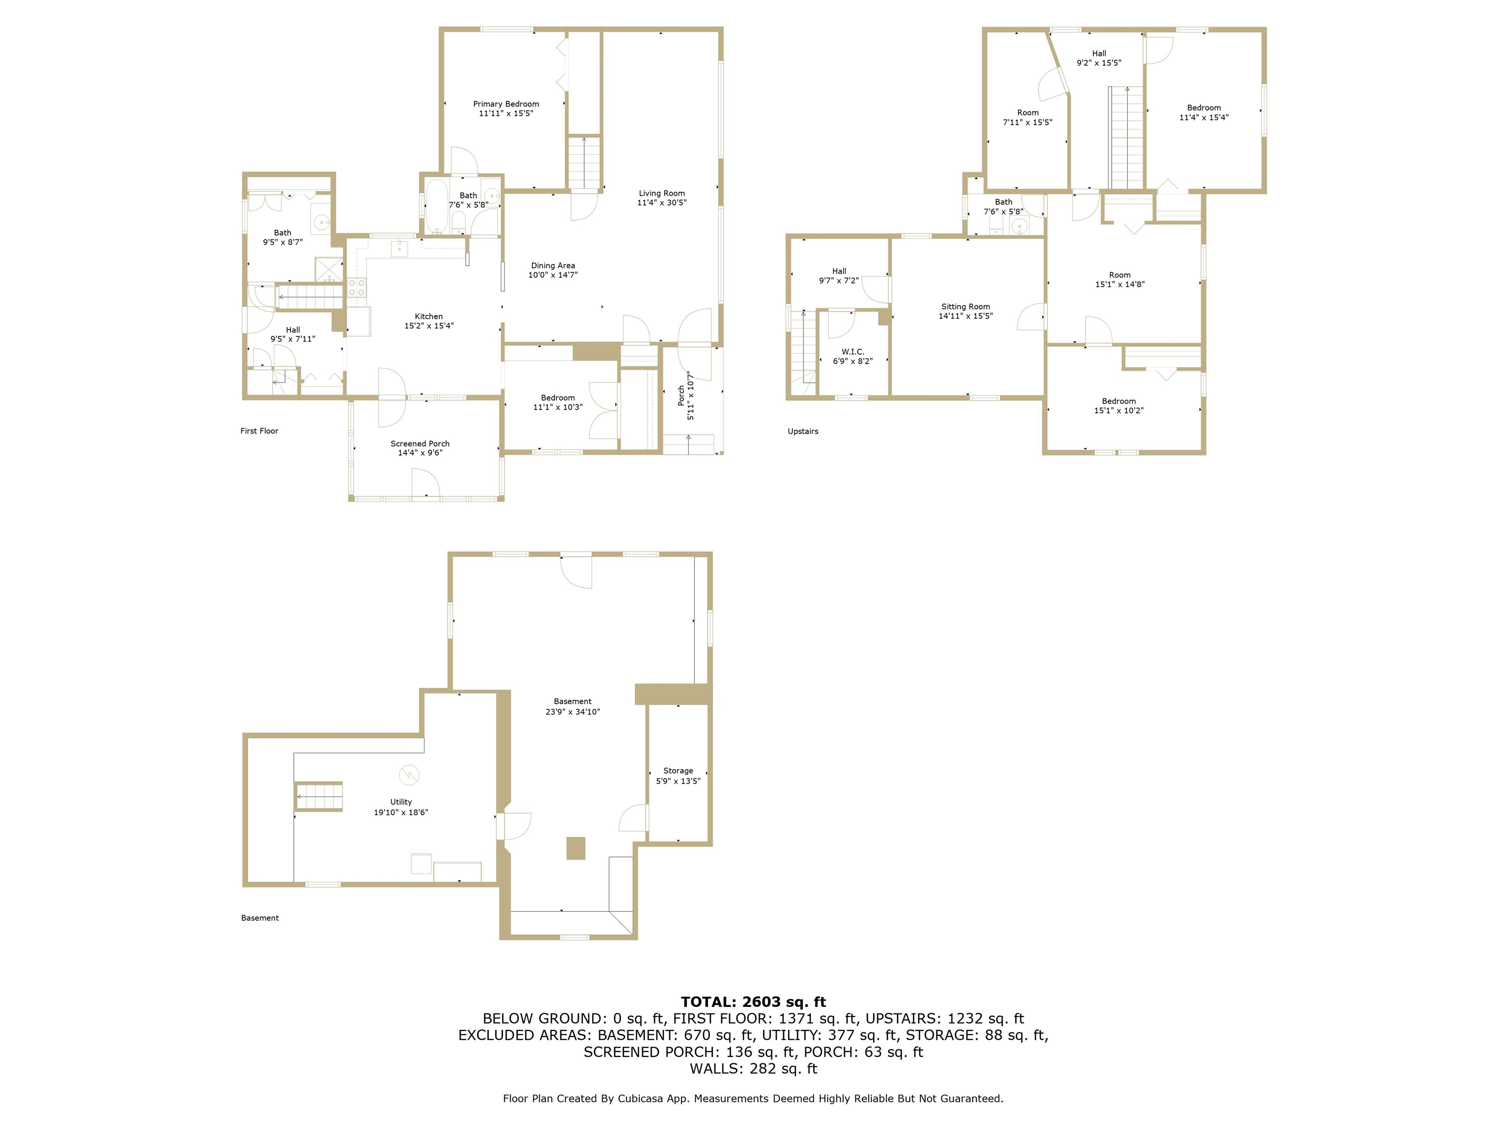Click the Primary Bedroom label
505,104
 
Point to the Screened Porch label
419,443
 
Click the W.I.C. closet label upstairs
852,352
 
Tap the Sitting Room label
965,307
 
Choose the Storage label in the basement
678,771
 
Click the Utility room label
401,802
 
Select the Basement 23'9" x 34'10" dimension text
572,712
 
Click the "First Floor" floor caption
259,431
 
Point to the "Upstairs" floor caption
803,431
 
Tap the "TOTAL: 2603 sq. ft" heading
753,1002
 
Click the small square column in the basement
576,848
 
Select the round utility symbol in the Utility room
409,775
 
